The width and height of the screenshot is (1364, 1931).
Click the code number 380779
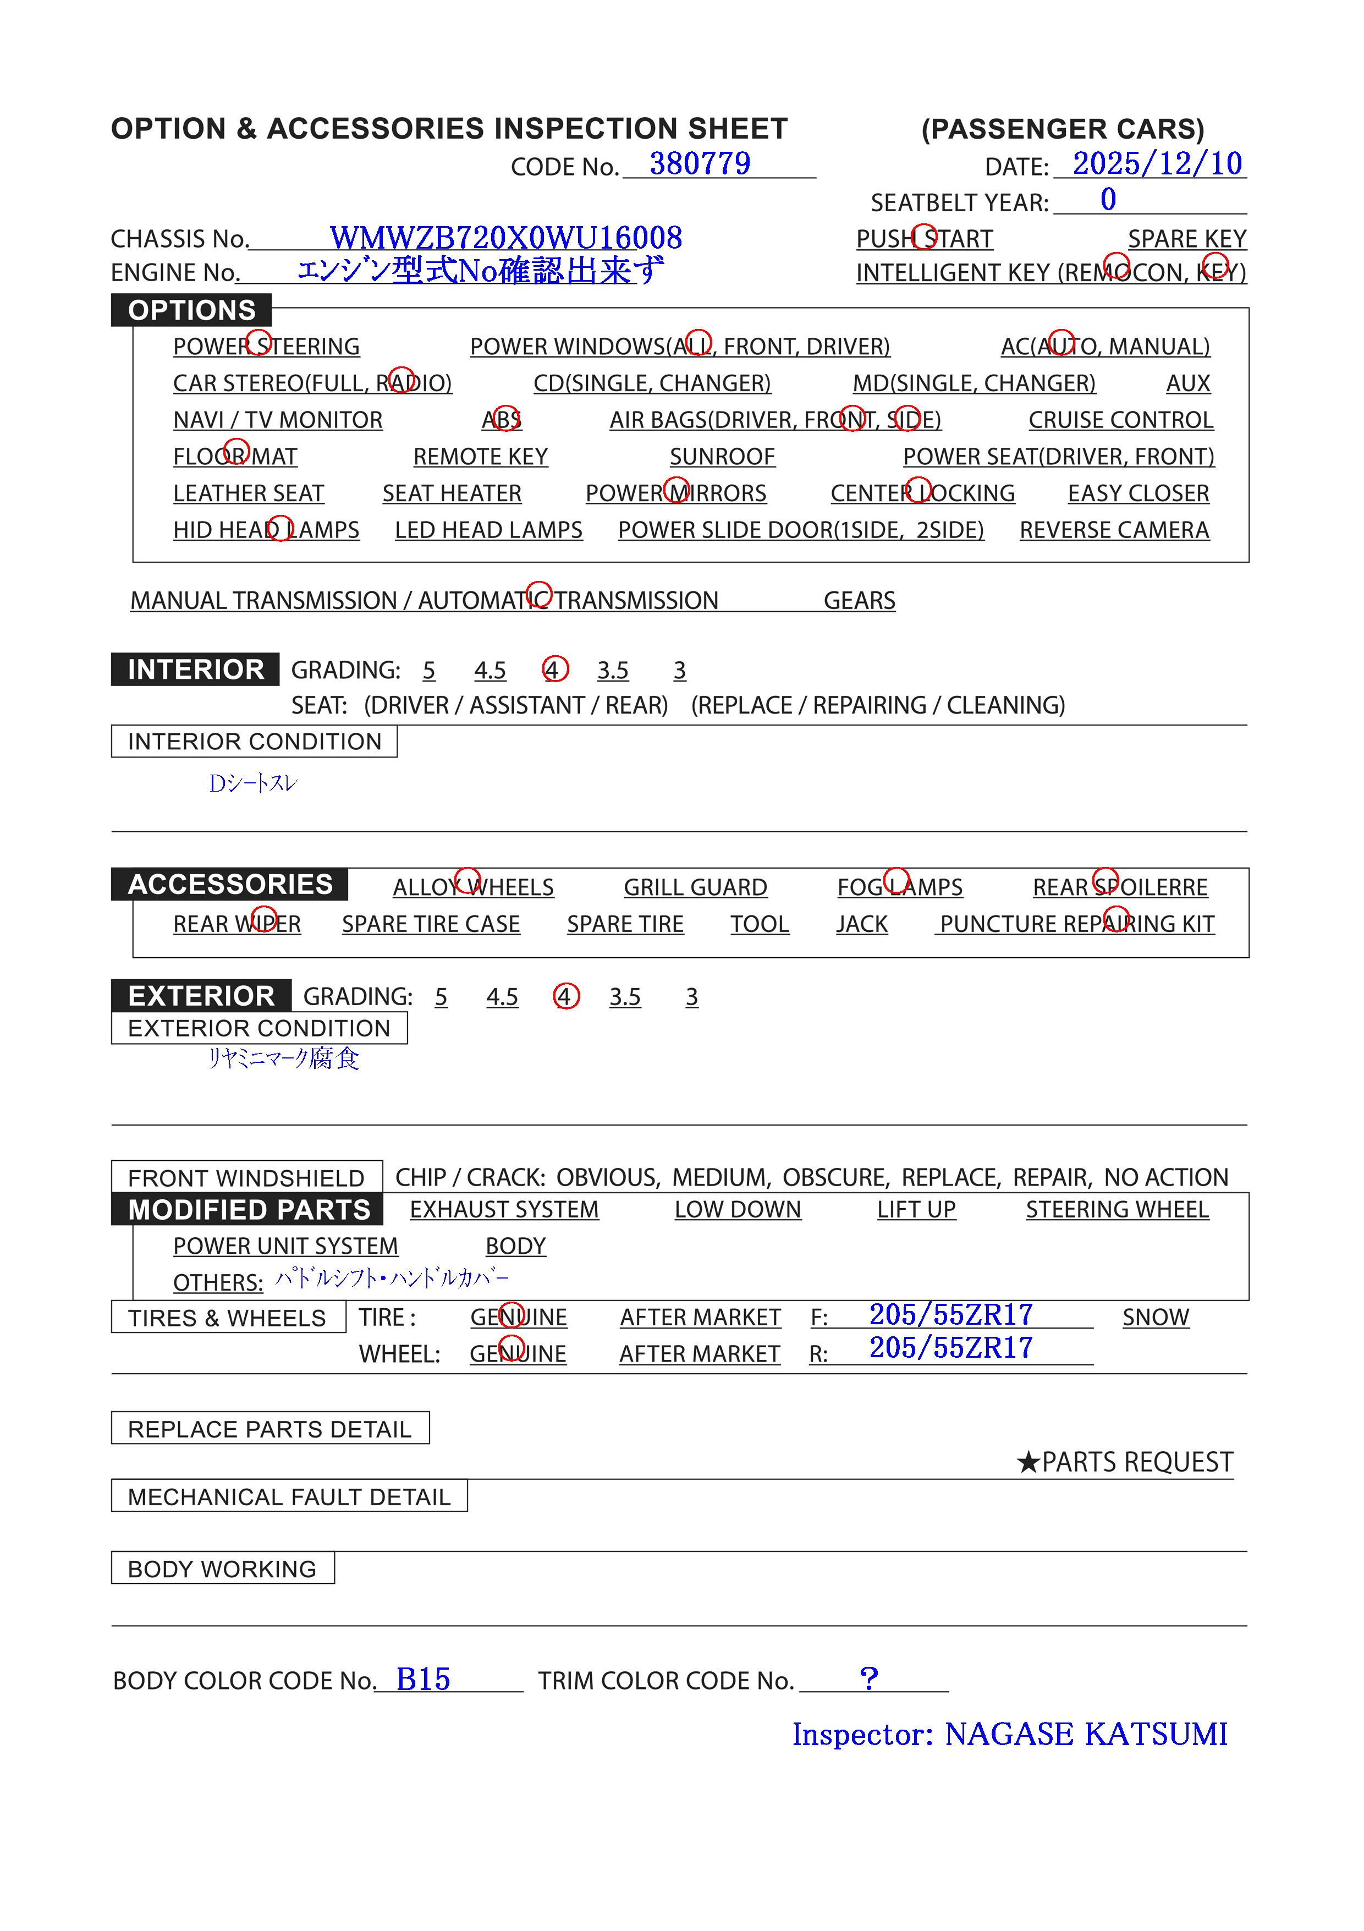[699, 163]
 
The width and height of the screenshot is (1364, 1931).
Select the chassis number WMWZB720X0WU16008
[505, 238]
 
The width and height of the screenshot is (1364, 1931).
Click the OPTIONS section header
[192, 310]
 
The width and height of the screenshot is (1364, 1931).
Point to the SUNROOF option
[722, 457]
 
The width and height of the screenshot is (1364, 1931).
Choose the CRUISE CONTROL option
[1120, 420]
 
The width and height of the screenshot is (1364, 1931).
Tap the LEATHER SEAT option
[248, 493]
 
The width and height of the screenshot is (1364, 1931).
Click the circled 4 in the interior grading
[554, 670]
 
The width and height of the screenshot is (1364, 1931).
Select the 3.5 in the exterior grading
[624, 997]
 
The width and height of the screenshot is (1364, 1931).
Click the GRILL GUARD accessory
[695, 887]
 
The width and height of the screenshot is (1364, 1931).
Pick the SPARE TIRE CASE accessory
[431, 924]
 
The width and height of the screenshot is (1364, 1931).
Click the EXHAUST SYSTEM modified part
[504, 1209]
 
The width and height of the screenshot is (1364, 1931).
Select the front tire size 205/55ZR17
[950, 1314]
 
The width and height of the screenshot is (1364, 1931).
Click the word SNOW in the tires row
[1156, 1317]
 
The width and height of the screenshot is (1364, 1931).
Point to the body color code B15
[423, 1680]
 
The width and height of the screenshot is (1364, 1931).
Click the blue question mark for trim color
[868, 1678]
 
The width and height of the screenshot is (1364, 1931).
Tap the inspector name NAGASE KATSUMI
[1086, 1734]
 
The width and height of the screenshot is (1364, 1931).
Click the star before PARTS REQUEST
[1027, 1462]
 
